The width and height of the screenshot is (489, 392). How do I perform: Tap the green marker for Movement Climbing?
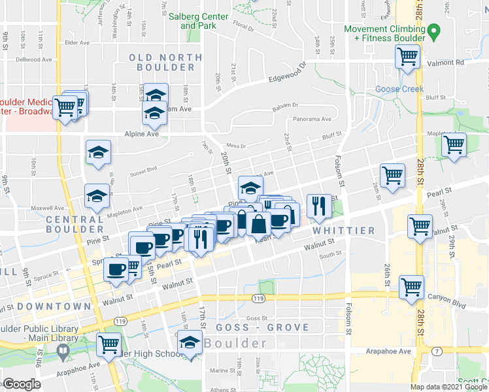click(x=433, y=30)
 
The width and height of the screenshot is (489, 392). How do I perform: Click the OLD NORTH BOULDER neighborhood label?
click(x=161, y=63)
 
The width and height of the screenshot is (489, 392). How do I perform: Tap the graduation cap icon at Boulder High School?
click(x=190, y=344)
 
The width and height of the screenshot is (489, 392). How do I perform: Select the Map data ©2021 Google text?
click(x=448, y=387)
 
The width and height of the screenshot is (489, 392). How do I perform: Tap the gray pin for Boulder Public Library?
click(x=63, y=352)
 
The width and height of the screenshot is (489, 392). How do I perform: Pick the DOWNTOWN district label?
click(x=54, y=306)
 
